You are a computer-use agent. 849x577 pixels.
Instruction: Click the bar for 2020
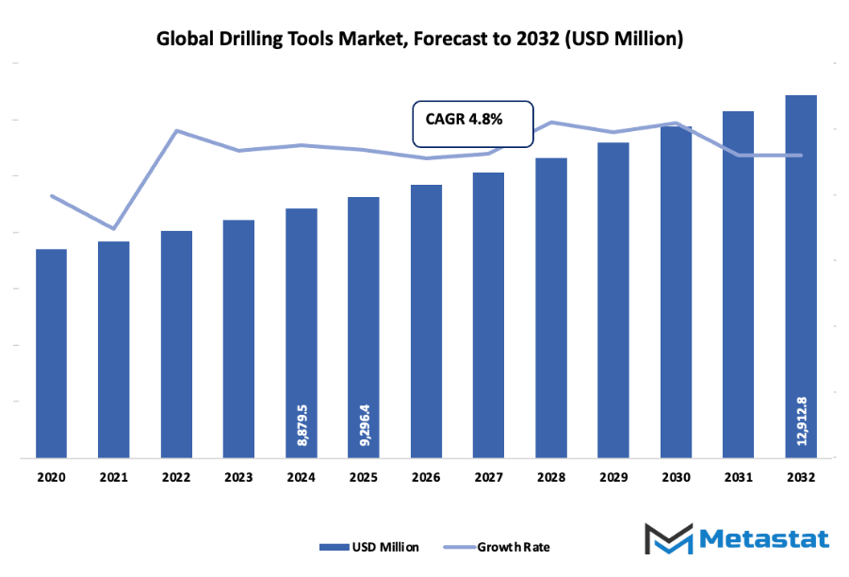(51, 354)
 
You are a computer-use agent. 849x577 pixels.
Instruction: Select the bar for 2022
(176, 344)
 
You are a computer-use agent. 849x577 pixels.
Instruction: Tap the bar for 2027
(488, 316)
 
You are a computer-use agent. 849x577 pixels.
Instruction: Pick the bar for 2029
(613, 300)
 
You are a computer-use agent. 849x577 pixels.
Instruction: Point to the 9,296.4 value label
(364, 427)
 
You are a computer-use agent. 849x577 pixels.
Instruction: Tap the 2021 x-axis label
(113, 478)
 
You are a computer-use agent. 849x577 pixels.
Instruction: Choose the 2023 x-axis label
(238, 478)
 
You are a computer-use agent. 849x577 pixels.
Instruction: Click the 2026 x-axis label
(426, 478)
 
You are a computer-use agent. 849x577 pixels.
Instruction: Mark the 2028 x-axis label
(551, 478)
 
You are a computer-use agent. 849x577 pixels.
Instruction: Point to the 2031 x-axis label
(739, 478)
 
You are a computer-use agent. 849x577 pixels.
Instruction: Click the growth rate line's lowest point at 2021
(113, 228)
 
